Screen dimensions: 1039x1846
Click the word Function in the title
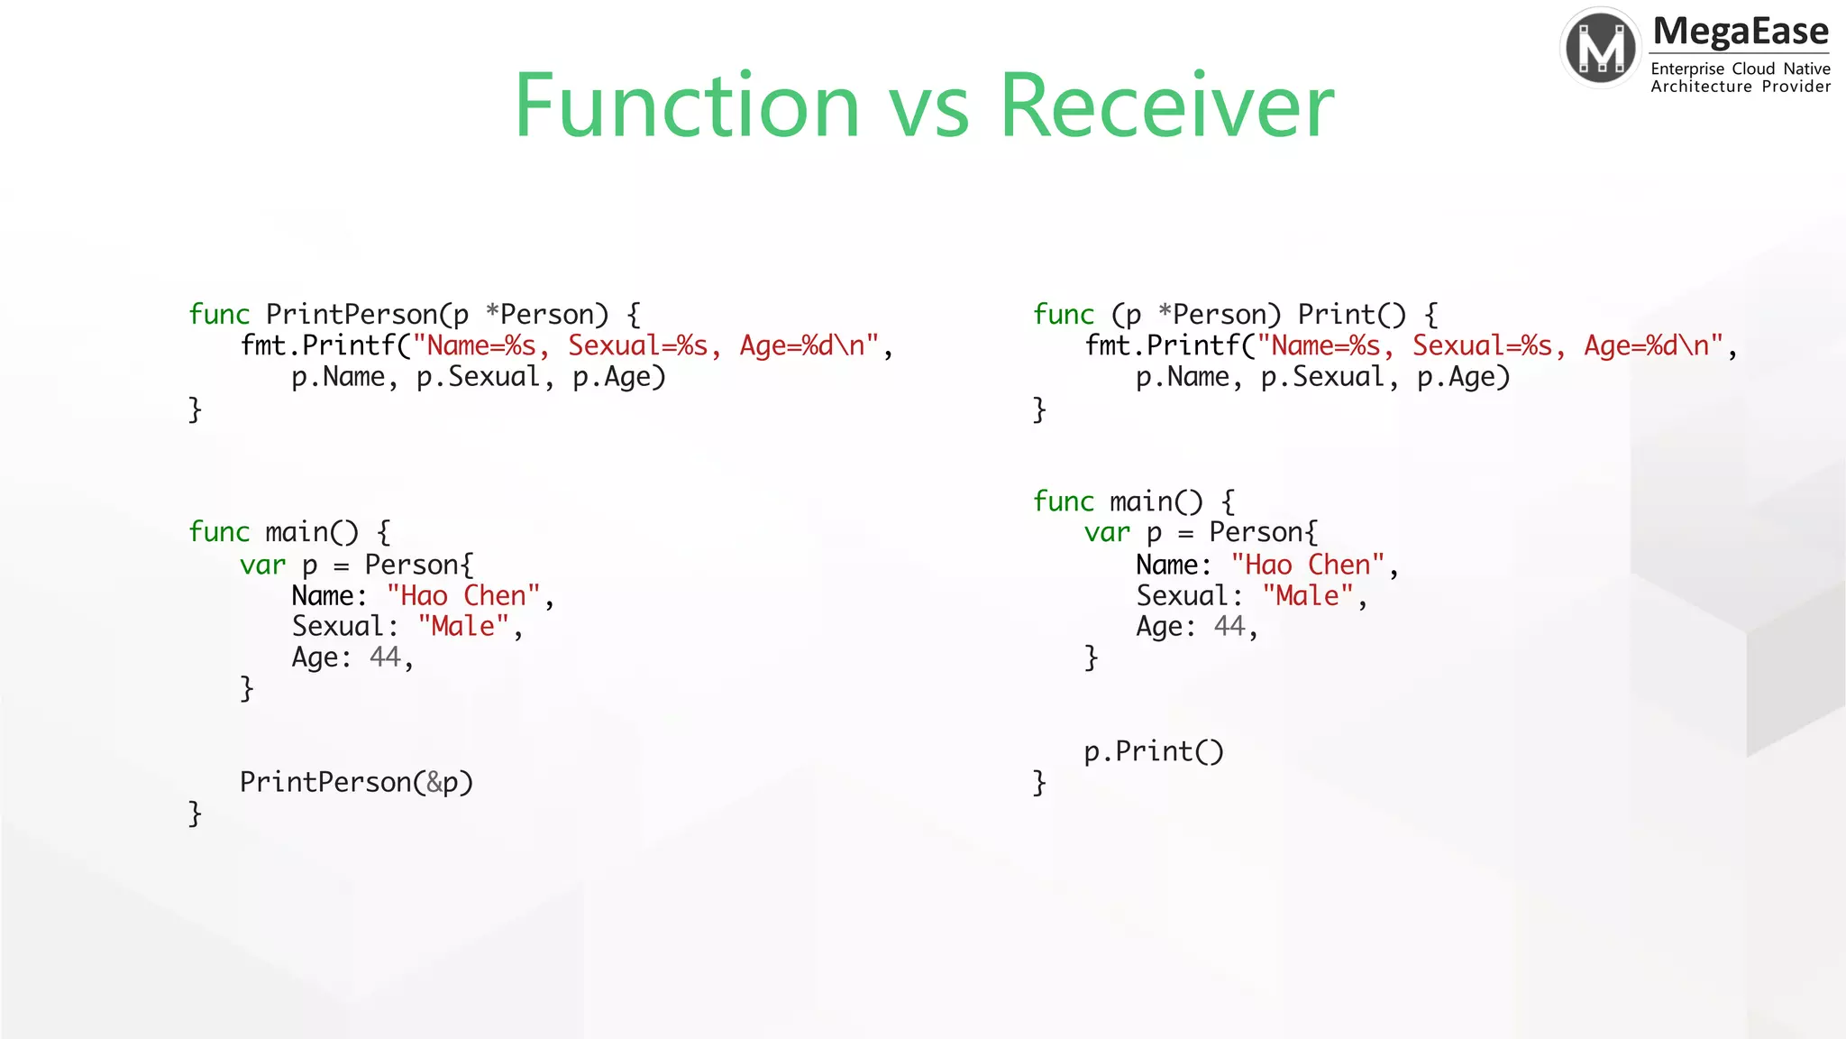click(687, 106)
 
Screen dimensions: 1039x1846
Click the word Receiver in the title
click(1166, 106)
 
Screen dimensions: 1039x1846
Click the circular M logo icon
click(1601, 48)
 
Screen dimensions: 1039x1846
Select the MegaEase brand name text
click(1740, 32)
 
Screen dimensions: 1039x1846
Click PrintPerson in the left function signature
click(352, 315)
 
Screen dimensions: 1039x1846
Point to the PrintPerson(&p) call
click(356, 782)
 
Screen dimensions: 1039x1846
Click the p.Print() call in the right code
click(1154, 751)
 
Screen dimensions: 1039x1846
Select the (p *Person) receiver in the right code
click(1195, 315)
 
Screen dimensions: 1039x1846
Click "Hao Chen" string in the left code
click(463, 596)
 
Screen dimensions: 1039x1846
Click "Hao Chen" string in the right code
click(1308, 565)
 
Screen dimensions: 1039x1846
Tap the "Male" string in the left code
click(463, 627)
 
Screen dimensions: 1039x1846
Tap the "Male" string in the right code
click(1308, 596)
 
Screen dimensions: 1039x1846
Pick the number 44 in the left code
click(385, 657)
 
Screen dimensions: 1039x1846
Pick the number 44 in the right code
click(1229, 627)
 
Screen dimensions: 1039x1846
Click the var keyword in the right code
click(1107, 533)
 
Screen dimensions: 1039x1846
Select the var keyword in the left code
click(262, 565)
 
